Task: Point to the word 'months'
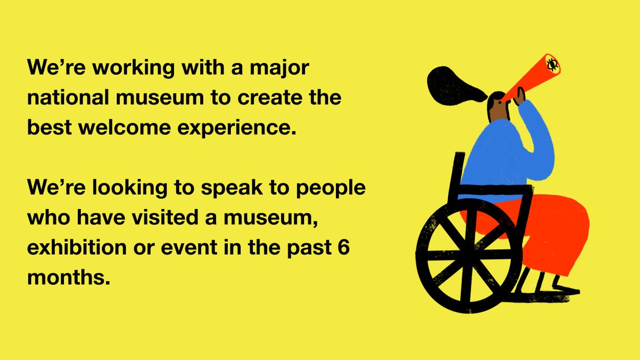click(63, 279)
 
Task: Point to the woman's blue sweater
click(501, 155)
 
